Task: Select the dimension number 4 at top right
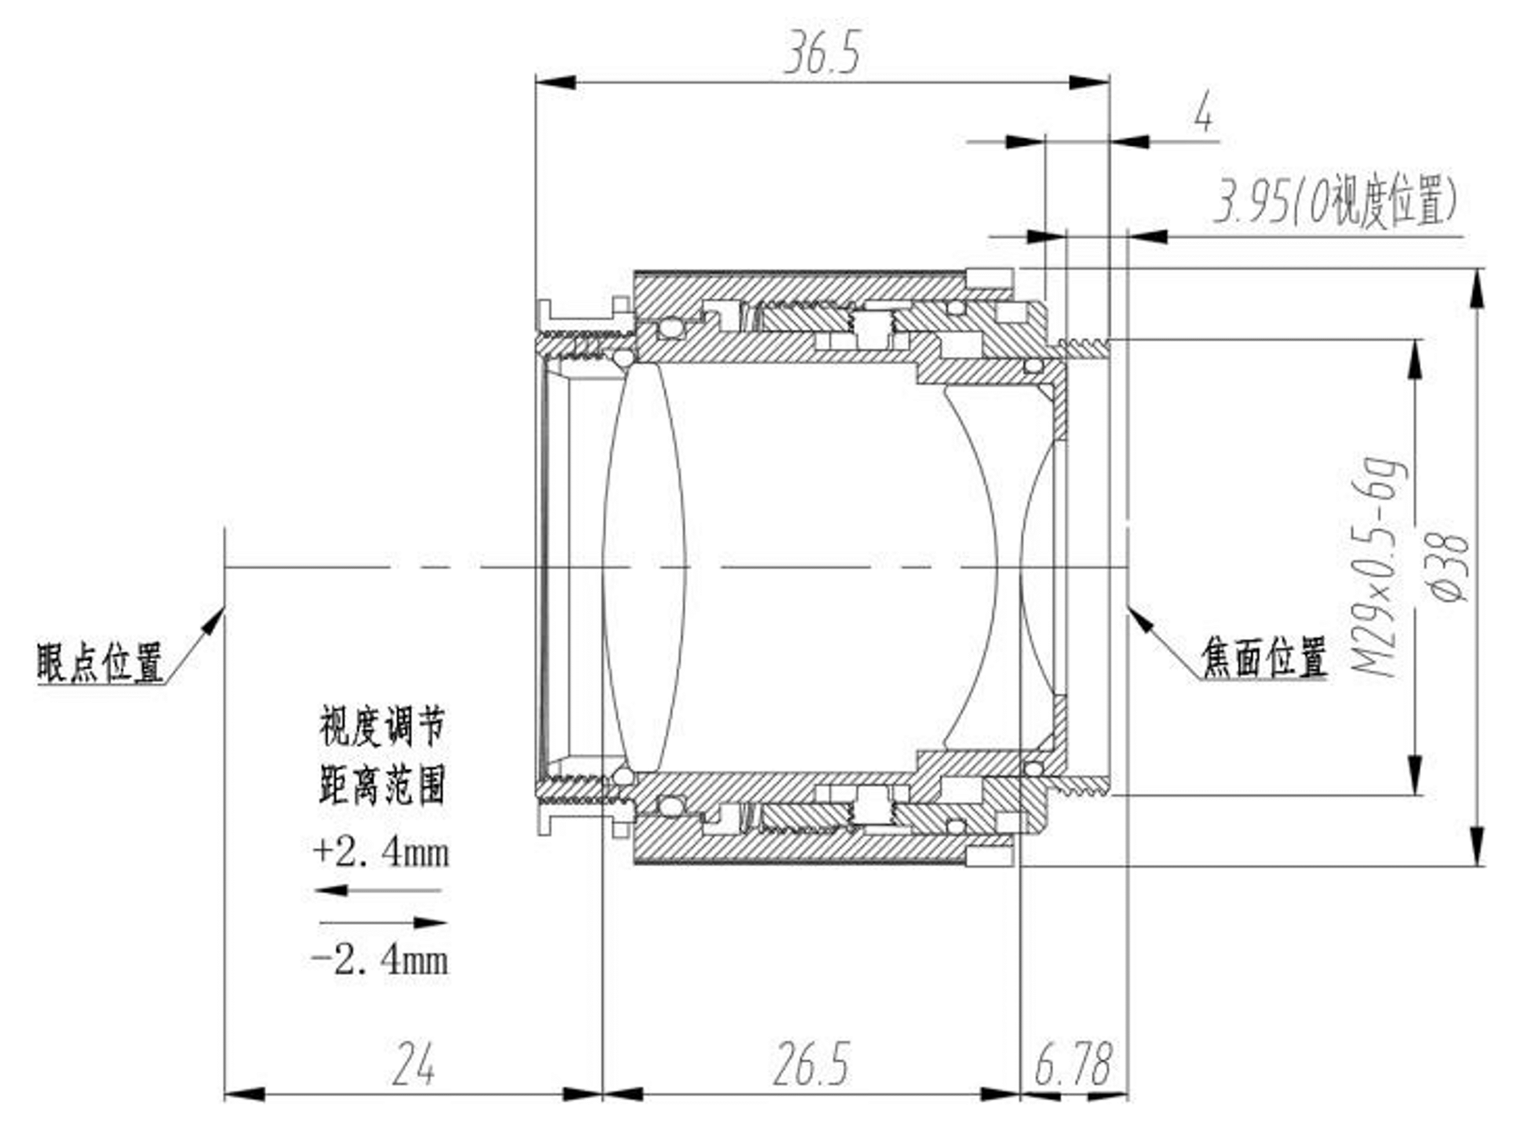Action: (x=1203, y=114)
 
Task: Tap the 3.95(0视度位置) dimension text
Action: (x=1334, y=202)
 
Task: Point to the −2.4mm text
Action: (x=381, y=960)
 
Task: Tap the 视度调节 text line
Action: (x=382, y=728)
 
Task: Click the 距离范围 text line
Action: (x=382, y=785)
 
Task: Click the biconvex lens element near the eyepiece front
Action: (x=643, y=567)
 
